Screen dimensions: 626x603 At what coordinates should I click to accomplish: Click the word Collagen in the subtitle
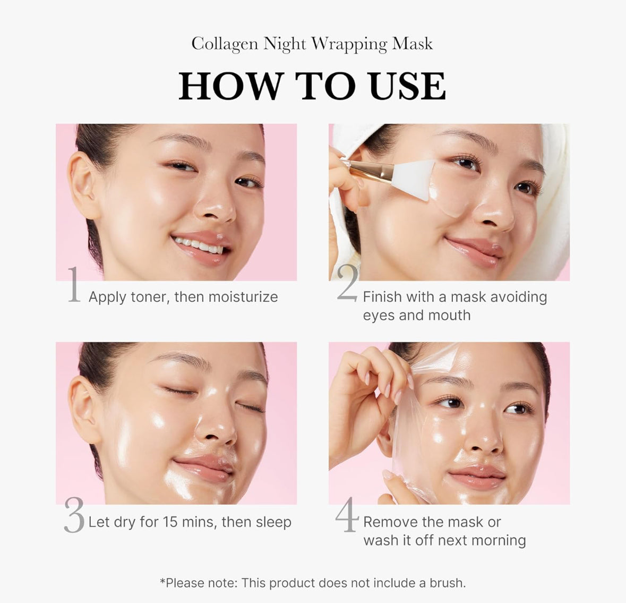pyautogui.click(x=225, y=44)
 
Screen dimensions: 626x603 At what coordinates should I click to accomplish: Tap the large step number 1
pyautogui.click(x=74, y=285)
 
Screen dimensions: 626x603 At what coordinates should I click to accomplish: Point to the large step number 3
pyautogui.click(x=74, y=515)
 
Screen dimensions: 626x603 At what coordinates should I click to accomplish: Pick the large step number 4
pyautogui.click(x=347, y=514)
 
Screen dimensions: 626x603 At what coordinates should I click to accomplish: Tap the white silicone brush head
pyautogui.click(x=414, y=180)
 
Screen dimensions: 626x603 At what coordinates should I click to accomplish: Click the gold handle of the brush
pyautogui.click(x=370, y=171)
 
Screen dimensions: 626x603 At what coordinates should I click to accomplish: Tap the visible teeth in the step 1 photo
pyautogui.click(x=199, y=244)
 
